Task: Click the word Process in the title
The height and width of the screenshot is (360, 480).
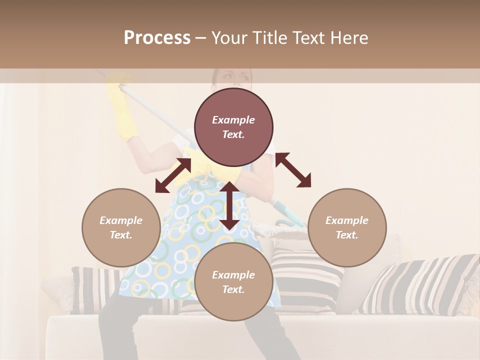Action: [x=157, y=38]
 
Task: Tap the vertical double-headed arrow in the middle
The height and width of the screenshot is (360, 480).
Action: [x=229, y=205]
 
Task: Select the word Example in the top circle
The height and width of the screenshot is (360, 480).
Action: [x=233, y=120]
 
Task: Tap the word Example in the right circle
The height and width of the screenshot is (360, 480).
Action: [x=347, y=220]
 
